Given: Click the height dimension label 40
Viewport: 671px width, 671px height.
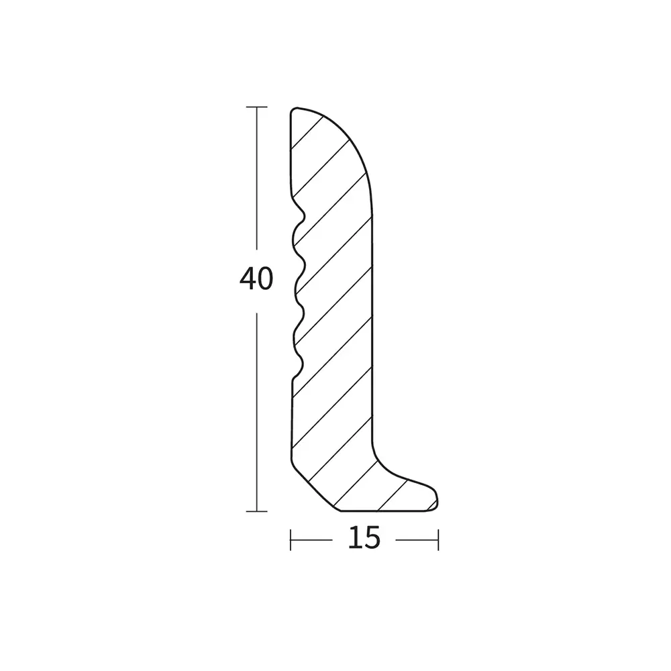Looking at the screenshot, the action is pos(256,278).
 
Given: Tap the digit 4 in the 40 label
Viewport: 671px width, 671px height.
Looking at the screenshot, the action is pos(248,278).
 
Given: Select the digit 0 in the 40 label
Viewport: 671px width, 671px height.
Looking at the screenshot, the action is pos(265,278).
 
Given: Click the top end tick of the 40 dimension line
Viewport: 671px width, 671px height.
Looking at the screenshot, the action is pos(257,107).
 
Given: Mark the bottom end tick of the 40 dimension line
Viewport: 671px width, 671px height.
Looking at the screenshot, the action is pos(257,511).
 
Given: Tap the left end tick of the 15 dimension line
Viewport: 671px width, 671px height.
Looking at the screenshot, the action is pos(291,540).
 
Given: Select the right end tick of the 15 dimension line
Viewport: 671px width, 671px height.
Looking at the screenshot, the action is pos(438,540).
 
